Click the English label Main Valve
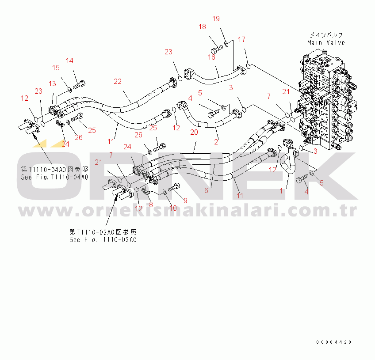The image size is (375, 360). (326, 42)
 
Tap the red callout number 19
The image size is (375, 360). (216, 19)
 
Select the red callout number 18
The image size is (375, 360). (202, 27)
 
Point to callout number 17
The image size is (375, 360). (241, 39)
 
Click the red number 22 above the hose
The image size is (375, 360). (118, 81)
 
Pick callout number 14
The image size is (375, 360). (69, 61)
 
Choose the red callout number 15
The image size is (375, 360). (56, 68)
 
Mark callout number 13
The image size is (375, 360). (52, 83)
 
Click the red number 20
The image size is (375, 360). (194, 132)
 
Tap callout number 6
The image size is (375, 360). (206, 190)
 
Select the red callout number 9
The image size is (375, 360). (185, 201)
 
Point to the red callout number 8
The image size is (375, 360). (151, 205)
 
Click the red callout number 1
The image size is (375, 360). (281, 191)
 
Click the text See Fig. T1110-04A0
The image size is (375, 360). (54, 177)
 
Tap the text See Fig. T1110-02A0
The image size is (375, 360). (103, 239)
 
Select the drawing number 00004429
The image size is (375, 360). (333, 342)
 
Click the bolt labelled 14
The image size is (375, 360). (79, 85)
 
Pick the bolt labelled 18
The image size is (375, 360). (217, 49)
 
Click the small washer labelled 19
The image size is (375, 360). (226, 44)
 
